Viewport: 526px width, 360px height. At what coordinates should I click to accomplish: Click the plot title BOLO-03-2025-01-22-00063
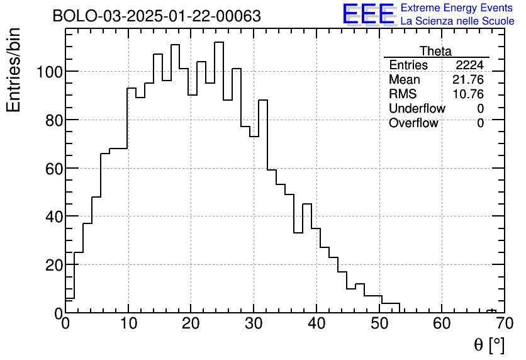[x=157, y=16]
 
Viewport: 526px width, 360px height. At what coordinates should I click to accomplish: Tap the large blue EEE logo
[x=368, y=14]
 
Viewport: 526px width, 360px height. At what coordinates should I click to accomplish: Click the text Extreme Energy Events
[x=457, y=8]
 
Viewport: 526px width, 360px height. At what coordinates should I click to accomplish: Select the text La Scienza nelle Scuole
[x=457, y=21]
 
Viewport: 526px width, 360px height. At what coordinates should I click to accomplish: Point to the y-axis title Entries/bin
[x=14, y=70]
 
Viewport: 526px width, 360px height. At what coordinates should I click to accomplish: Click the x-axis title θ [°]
[x=489, y=344]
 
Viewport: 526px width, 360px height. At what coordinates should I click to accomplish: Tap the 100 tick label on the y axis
[x=48, y=71]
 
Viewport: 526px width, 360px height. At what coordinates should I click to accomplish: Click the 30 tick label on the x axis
[x=254, y=323]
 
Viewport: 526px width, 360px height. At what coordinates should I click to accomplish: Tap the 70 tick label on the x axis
[x=504, y=323]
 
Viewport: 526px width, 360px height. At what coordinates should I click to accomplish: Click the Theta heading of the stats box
[x=435, y=51]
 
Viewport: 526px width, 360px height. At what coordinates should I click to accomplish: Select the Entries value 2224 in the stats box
[x=469, y=65]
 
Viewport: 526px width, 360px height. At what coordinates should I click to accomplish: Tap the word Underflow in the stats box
[x=417, y=109]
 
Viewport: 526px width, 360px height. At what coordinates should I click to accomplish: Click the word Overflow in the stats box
[x=413, y=123]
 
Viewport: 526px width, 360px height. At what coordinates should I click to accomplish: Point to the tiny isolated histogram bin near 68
[x=491, y=311]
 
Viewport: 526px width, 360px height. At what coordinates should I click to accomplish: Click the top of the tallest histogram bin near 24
[x=219, y=42]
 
